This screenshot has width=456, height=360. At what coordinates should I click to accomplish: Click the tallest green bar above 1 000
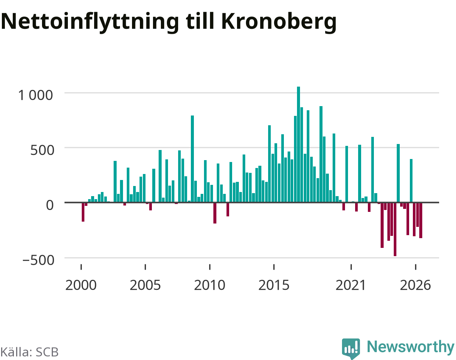tap(298, 144)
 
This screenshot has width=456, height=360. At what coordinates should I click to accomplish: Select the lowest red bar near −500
tap(395, 229)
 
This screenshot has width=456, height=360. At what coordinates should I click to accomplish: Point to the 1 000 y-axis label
tap(35, 95)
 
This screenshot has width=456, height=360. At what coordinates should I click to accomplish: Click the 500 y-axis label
tap(42, 150)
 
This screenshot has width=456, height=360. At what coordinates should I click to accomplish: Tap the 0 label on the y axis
tap(50, 205)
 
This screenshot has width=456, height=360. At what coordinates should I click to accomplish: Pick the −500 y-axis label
tap(38, 260)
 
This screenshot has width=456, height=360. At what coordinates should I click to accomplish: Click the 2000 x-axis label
tap(81, 285)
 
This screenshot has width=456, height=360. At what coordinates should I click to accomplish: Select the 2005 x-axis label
tap(145, 285)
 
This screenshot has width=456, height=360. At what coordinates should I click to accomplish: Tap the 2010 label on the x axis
tap(210, 285)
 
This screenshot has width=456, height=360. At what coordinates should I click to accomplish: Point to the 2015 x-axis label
tap(274, 285)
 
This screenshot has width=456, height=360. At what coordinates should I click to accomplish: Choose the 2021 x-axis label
tap(351, 285)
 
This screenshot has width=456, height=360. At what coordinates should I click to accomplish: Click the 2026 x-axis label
tap(415, 285)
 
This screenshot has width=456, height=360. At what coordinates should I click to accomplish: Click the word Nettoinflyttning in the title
tap(90, 22)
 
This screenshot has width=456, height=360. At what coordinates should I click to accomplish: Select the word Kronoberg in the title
tap(279, 22)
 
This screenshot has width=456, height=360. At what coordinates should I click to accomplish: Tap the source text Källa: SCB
tap(29, 352)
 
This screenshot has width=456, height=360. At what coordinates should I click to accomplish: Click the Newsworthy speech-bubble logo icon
tap(351, 348)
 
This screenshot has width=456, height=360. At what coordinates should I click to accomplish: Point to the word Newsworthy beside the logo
tap(411, 347)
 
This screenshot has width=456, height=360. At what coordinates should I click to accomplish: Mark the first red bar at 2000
tap(83, 212)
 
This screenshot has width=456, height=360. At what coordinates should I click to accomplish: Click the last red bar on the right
tap(421, 220)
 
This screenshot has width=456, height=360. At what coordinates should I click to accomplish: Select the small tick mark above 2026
tap(415, 267)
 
